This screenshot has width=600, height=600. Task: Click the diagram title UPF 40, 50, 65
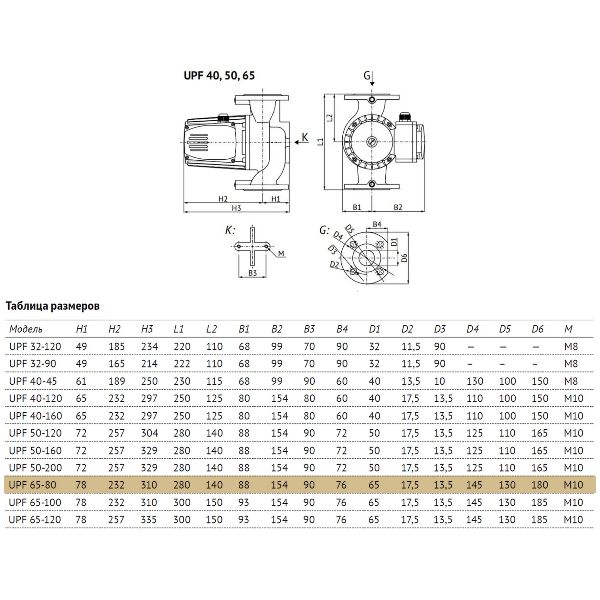point(219,75)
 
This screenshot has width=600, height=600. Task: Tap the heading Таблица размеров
point(53,306)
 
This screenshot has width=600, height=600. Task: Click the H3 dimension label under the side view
point(236,208)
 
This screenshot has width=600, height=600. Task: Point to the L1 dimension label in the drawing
point(320,142)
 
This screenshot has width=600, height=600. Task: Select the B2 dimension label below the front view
point(398,207)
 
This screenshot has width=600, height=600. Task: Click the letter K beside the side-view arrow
point(305,137)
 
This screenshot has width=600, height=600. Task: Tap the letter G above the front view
point(367,76)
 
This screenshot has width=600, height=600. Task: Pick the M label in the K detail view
point(281,253)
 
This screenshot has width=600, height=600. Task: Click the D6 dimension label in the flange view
point(404,258)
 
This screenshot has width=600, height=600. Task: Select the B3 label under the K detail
point(252,273)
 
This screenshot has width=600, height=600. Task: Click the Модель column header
point(26,329)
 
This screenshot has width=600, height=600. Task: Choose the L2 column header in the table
point(211,329)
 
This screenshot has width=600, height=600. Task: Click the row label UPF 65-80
point(33,485)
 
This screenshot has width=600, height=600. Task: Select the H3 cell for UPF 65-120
point(149,520)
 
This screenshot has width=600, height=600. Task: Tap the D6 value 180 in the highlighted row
point(540,485)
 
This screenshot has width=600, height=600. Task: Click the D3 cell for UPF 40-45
point(439,381)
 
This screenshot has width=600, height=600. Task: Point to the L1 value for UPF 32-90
point(182,364)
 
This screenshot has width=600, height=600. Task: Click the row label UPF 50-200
point(36,467)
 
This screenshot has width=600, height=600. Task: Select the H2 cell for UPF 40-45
point(116,381)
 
